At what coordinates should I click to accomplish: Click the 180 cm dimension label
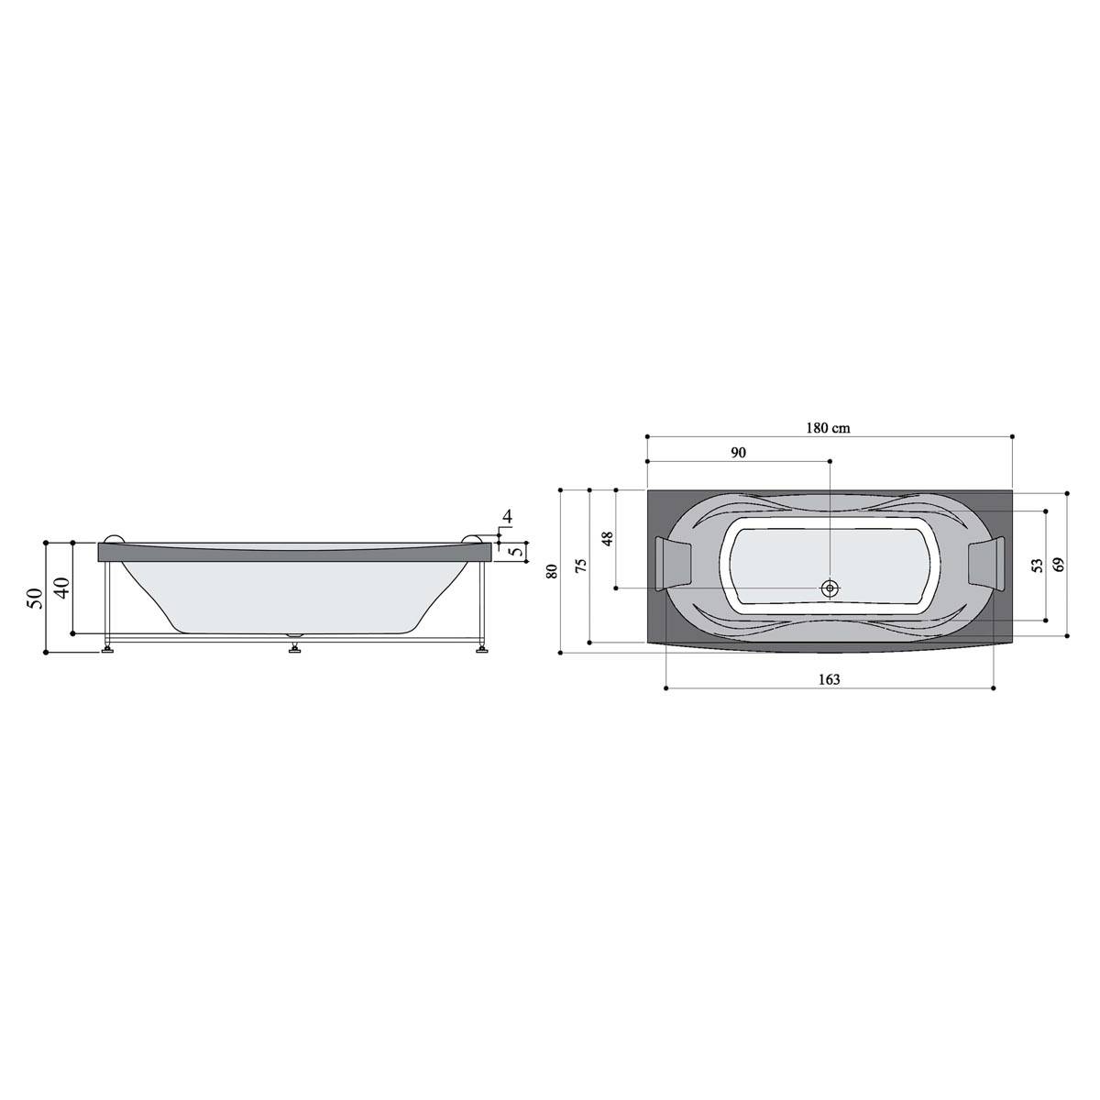[829, 428]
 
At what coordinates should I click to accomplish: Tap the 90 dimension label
[738, 453]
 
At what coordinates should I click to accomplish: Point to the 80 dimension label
[552, 571]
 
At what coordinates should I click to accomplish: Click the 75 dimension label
[580, 566]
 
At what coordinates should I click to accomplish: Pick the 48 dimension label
[609, 538]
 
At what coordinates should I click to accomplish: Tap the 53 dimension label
[1037, 566]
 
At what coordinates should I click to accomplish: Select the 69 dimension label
[1059, 565]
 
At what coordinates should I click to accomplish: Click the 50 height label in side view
[36, 598]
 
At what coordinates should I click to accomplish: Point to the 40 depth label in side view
[62, 588]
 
